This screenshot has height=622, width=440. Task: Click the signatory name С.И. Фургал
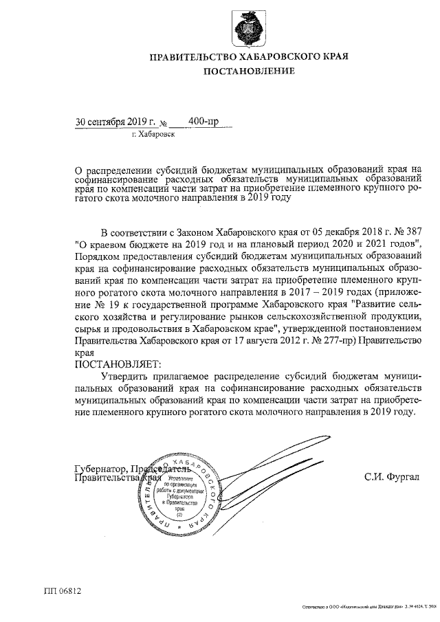point(392,476)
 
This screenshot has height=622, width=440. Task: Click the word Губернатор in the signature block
point(101,469)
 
